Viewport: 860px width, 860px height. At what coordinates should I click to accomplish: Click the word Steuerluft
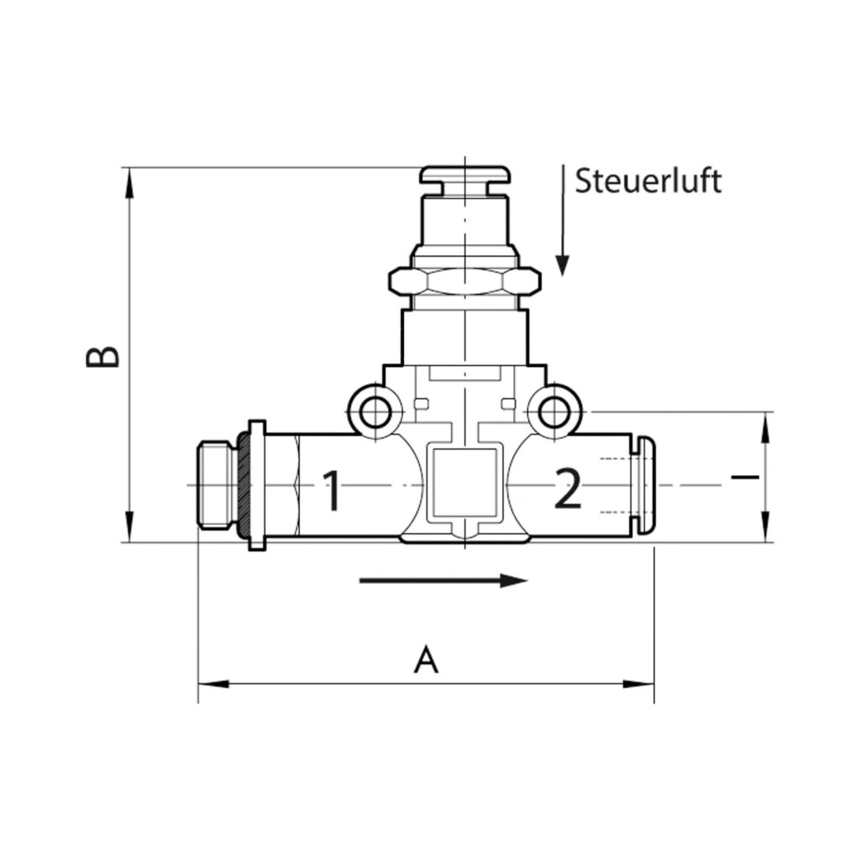(x=648, y=181)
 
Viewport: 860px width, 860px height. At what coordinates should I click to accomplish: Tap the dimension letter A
(x=427, y=659)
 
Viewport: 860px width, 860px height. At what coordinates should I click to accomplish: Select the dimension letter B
(x=103, y=356)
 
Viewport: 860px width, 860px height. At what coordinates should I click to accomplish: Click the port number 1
(x=333, y=490)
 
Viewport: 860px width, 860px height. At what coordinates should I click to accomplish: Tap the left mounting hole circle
(x=371, y=412)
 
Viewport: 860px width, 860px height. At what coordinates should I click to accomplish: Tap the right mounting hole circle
(x=553, y=412)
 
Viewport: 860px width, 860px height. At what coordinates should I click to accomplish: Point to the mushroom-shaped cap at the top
(x=464, y=176)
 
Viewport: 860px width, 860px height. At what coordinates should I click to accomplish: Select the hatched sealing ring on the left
(x=244, y=486)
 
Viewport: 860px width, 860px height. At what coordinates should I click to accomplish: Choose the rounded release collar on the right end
(x=645, y=486)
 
